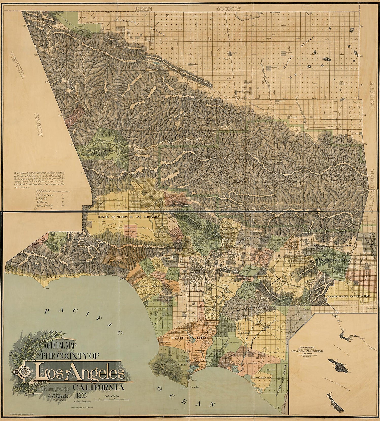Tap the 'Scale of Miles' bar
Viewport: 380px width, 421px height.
pos(110,399)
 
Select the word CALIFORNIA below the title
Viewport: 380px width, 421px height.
pos(99,387)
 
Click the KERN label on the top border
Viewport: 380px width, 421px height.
pos(144,9)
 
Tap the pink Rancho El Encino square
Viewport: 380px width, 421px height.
pos(130,231)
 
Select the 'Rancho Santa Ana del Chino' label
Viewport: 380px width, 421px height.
pos(349,296)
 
